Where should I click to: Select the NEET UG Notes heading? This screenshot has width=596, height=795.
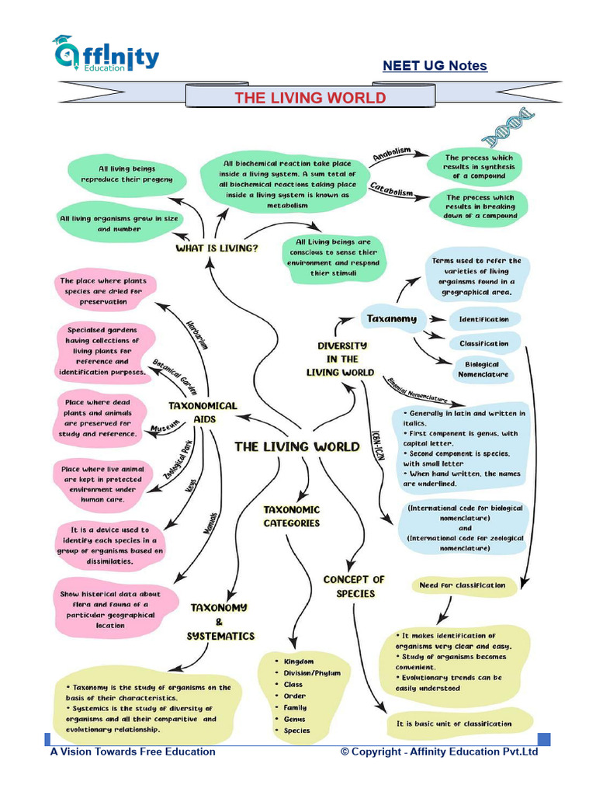click(x=435, y=66)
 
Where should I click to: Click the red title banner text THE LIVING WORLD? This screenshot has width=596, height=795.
click(x=310, y=97)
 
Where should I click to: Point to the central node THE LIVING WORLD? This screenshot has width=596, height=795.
click(x=297, y=446)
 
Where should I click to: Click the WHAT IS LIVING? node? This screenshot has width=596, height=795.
click(x=217, y=248)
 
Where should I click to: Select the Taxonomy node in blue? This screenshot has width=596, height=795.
click(x=391, y=318)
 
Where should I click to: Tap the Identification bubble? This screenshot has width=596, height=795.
click(x=483, y=319)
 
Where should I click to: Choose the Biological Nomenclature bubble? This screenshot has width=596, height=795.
click(x=487, y=369)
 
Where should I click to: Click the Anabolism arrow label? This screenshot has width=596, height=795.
click(x=391, y=155)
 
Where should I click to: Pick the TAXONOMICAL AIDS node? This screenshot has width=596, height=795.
click(x=203, y=412)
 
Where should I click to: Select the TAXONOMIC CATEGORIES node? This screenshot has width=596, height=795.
click(x=291, y=516)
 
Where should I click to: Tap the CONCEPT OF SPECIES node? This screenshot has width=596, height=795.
click(x=355, y=586)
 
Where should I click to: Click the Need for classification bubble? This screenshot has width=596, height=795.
click(x=462, y=585)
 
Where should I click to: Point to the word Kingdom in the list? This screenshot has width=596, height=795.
click(x=299, y=661)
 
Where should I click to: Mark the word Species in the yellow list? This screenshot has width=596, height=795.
click(x=297, y=731)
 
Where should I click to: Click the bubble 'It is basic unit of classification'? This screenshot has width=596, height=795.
click(x=454, y=724)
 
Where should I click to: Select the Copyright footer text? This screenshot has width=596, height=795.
click(x=439, y=752)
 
